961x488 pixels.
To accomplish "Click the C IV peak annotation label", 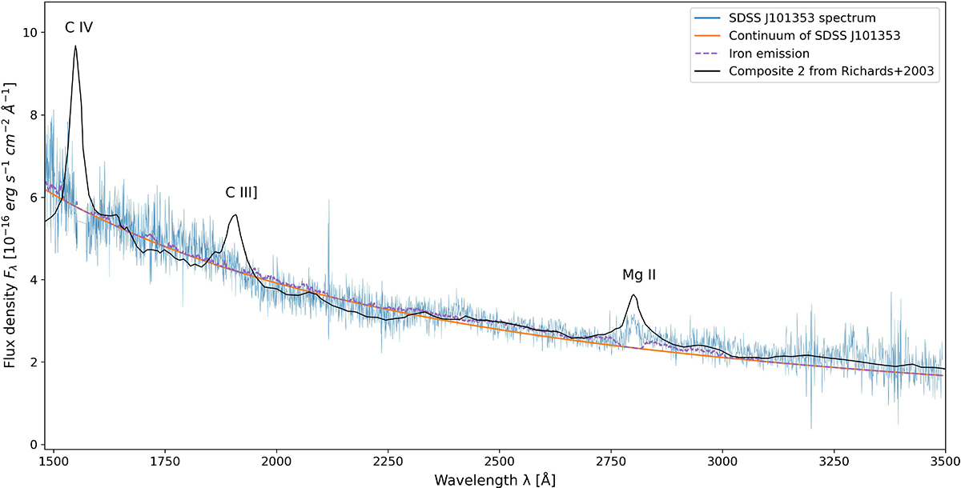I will pos(79,28).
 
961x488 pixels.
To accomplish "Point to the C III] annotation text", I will pos(241,193).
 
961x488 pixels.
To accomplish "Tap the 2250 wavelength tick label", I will pos(388,462).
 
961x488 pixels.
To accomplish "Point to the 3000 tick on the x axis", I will pos(722,462).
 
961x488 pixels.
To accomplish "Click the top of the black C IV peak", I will pos(75,46).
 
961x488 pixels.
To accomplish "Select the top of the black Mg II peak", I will pos(633,295).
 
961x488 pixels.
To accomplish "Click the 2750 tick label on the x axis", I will pos(611,462).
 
